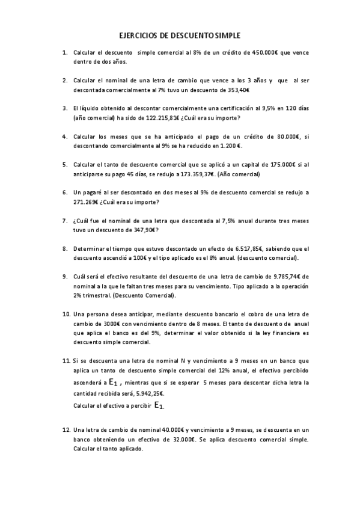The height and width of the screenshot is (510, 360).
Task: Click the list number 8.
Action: tap(65, 248)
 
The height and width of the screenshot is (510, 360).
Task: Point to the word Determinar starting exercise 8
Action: tap(90, 248)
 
